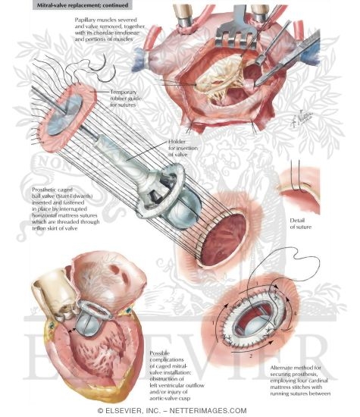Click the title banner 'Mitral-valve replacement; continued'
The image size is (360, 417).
(x=82, y=5)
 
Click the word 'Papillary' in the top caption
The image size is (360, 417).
(x=85, y=20)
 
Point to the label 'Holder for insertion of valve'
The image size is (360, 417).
(x=183, y=148)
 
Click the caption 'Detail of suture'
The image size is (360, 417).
(x=300, y=224)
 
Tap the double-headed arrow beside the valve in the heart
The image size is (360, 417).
(x=72, y=330)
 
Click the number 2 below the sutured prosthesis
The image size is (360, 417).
(x=251, y=356)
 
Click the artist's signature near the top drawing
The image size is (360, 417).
(x=302, y=118)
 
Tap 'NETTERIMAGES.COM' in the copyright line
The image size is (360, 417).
(x=208, y=411)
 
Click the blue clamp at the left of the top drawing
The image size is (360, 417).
(x=140, y=60)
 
